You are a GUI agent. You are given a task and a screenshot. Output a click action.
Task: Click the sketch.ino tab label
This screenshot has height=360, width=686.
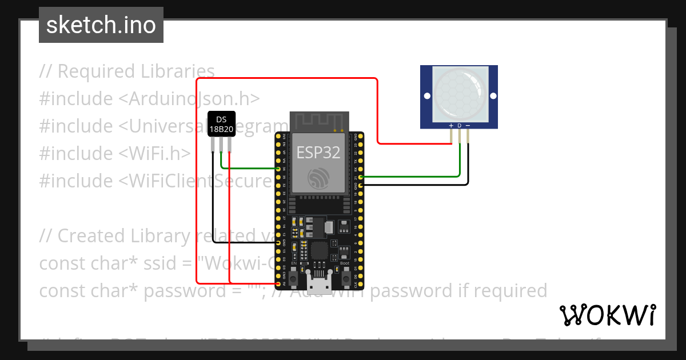[x=101, y=25]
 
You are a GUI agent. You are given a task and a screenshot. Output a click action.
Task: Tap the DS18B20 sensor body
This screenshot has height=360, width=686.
[x=221, y=125]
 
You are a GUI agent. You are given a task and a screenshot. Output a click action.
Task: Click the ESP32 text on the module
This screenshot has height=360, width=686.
[x=318, y=152]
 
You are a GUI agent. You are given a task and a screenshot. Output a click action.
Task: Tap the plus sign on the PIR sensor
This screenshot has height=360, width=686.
[x=451, y=125]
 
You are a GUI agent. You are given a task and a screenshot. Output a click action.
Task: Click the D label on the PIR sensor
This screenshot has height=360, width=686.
[x=460, y=125]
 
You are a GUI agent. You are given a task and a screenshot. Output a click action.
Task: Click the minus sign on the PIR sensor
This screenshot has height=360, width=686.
[x=468, y=125]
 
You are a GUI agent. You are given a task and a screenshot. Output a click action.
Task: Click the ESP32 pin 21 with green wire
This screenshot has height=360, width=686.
[x=358, y=177]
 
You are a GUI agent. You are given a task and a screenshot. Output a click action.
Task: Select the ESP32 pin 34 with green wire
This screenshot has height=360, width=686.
[x=278, y=169]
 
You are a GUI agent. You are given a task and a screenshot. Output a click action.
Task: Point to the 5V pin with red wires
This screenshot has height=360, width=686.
[x=278, y=283]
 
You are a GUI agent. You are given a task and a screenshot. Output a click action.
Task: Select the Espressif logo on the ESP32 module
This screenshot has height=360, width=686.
[x=318, y=178]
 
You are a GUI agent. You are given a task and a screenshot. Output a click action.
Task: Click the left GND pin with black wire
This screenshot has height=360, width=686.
[x=278, y=242]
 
